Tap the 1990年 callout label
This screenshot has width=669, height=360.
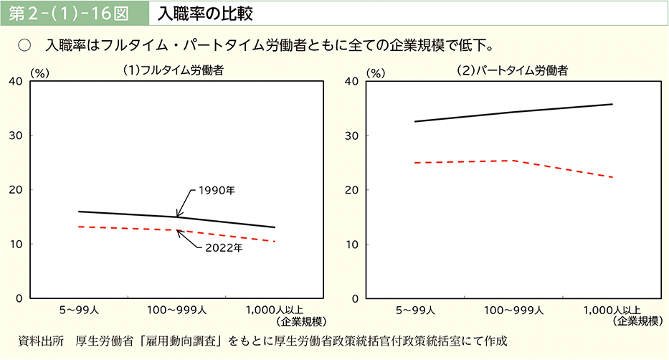pos(217,191)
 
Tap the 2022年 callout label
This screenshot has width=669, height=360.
pos(224,248)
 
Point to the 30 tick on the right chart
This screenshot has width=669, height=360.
pos(353,136)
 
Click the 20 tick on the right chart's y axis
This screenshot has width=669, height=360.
pos(353,190)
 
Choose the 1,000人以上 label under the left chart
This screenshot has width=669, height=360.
pos(275,311)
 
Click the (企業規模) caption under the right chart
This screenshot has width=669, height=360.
pos(637,321)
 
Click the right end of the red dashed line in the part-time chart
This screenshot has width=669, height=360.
pos(613,177)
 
